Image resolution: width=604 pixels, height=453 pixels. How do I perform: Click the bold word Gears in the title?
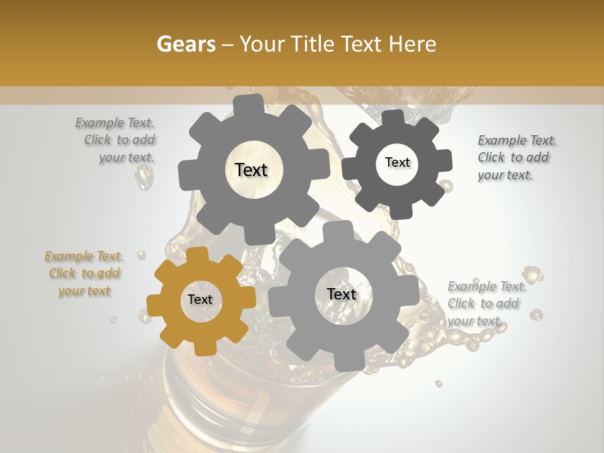tap(186, 44)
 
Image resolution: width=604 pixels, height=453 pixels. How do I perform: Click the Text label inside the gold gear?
tap(200, 300)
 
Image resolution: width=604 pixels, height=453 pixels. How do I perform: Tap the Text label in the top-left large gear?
tap(251, 171)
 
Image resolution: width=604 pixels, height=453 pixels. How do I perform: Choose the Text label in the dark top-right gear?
tap(397, 162)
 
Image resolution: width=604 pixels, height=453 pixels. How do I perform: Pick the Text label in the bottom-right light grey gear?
tap(342, 294)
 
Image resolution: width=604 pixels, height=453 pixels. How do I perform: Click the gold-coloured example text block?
tap(84, 274)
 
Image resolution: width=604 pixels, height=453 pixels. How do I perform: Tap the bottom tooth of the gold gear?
tap(204, 347)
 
